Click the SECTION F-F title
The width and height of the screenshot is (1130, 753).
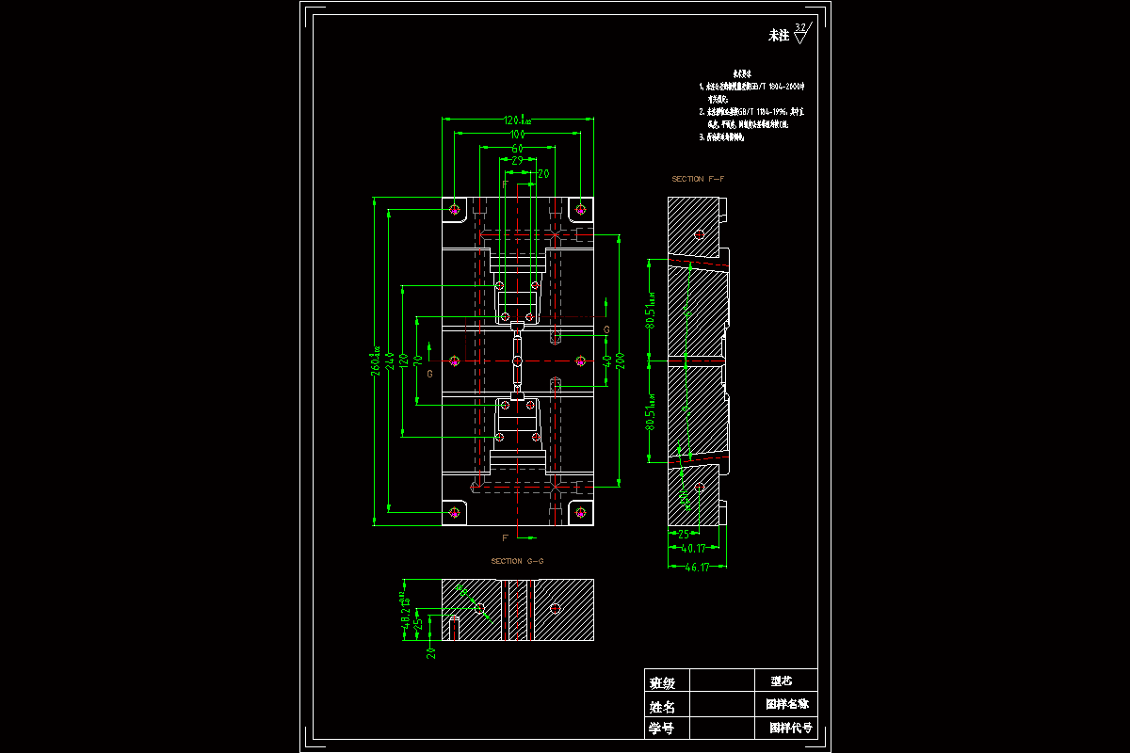[x=698, y=179]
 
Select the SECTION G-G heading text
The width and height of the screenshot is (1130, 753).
[x=517, y=561]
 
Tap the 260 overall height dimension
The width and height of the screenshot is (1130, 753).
[x=377, y=360]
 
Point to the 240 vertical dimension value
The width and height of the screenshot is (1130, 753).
[x=390, y=360]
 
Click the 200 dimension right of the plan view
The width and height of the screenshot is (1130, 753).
[x=620, y=360]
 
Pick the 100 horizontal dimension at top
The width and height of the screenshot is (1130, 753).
[x=517, y=135]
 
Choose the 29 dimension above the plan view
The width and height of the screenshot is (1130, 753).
[x=517, y=161]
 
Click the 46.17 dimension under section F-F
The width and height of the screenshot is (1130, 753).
[x=698, y=568]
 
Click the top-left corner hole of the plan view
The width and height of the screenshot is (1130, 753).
[x=455, y=208]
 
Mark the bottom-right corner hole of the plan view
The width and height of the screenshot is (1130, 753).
[x=581, y=512]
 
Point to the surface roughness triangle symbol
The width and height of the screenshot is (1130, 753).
[x=801, y=36]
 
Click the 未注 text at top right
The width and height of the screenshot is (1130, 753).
[x=779, y=36]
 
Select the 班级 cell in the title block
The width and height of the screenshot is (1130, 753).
[x=662, y=682]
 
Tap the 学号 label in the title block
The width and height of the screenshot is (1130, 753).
[x=662, y=729]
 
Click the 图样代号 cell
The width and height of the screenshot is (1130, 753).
[x=790, y=728]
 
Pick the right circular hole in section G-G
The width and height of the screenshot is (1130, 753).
[x=556, y=608]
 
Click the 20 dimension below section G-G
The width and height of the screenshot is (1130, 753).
[x=431, y=650]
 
